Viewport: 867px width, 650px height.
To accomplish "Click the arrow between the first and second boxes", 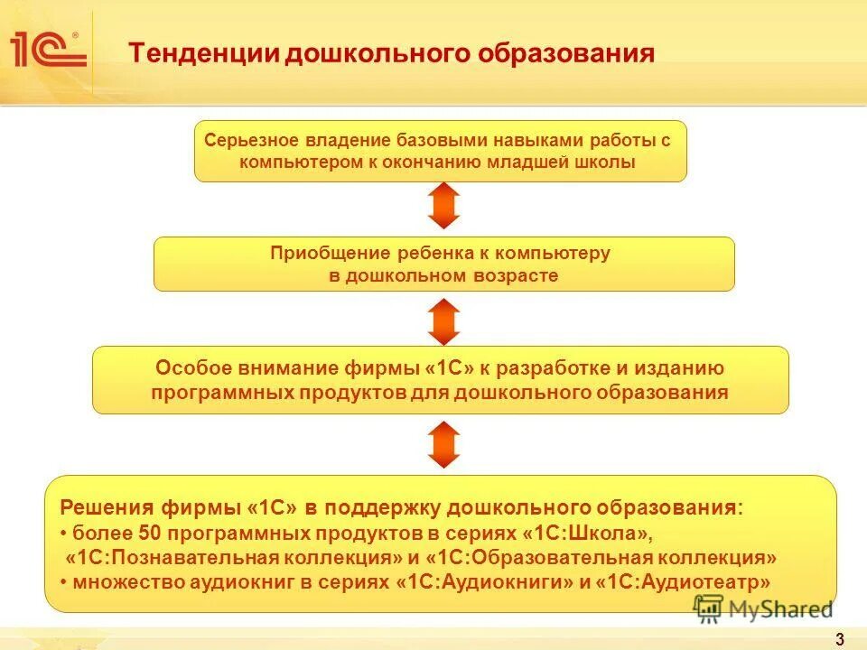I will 444,206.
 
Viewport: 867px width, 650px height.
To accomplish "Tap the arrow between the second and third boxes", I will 444,321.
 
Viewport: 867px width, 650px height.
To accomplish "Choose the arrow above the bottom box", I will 444,444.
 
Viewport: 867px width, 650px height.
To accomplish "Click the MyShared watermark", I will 764,608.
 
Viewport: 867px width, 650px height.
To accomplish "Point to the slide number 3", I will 840,640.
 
